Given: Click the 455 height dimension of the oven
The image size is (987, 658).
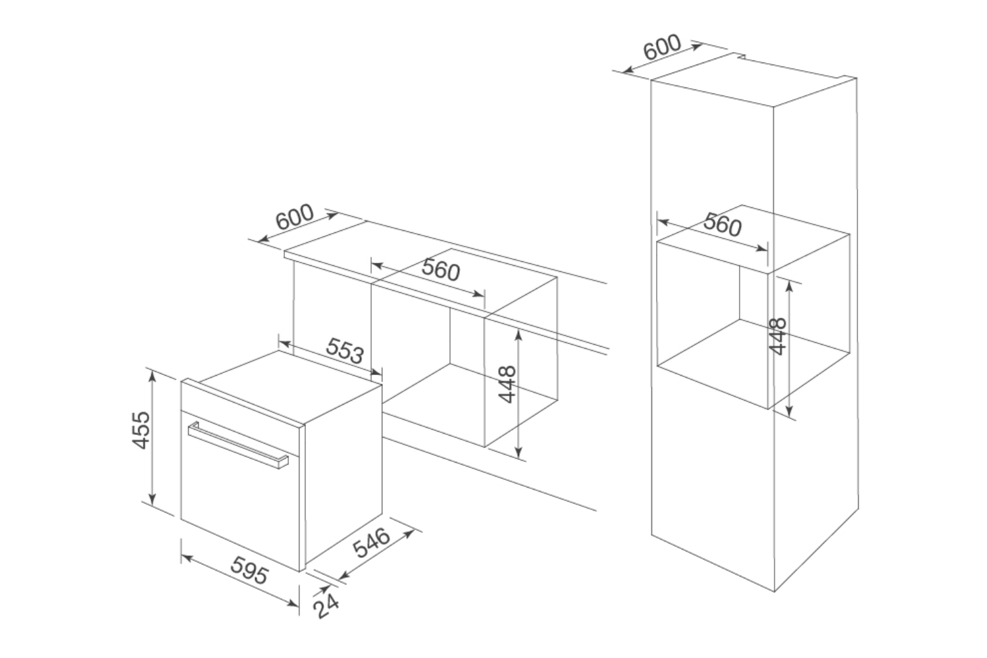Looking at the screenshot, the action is pos(142,430).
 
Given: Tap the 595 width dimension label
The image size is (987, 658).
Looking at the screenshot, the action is pos(249,570).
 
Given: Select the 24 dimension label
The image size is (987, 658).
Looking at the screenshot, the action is pos(326,606).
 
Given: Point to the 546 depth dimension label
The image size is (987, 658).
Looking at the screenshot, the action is pos(372,543).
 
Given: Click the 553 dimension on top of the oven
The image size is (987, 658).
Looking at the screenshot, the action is pos(345,351).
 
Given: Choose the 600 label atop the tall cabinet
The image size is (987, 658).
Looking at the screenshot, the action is pos(662,47).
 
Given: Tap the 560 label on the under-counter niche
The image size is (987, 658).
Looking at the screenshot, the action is pos(441,270).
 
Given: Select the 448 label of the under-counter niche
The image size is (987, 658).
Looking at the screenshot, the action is pos(507,384).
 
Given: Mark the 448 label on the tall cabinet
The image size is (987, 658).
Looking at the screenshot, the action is pos(778,336).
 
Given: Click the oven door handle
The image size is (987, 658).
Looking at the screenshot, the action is pos(238,445).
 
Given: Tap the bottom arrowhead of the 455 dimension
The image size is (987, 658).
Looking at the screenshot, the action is pos(152,499).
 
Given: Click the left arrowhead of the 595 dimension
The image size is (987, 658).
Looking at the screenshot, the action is pos(186,558).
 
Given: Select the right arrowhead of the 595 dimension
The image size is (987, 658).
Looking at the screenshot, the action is pos(293,603).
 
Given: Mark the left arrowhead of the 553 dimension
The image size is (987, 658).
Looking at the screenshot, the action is pos(285,343).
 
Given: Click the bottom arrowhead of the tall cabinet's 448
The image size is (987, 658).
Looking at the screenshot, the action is pos(789,412).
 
